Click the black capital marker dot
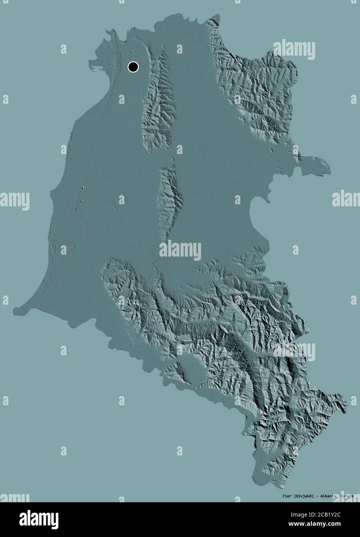pos(133,67)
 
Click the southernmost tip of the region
pos(258,479)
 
